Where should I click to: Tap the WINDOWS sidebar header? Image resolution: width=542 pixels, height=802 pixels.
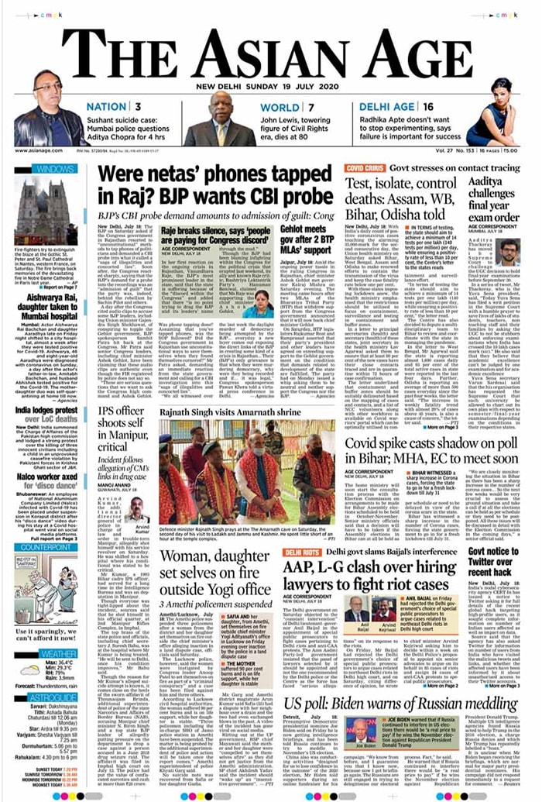[53, 168]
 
